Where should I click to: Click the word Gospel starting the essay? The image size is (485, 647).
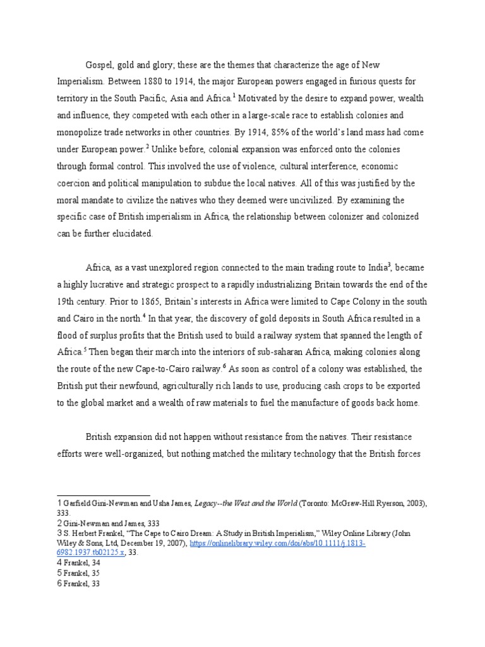pos(100,66)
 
